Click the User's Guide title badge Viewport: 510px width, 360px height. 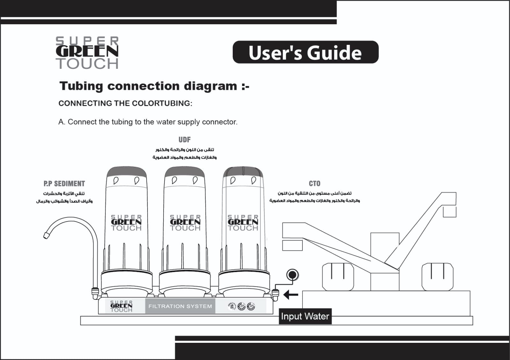pos(305,52)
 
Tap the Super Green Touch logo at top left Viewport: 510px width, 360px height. pos(87,53)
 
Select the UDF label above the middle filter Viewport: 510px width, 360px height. pos(184,140)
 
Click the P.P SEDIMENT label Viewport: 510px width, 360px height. pos(64,184)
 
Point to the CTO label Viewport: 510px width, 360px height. pos(314,184)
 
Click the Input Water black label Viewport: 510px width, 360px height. pos(305,316)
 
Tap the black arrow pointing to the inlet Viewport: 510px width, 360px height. pos(290,295)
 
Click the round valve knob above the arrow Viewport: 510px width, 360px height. pos(292,275)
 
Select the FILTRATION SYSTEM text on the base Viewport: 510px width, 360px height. pos(180,306)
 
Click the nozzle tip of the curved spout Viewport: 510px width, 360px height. pos(47,235)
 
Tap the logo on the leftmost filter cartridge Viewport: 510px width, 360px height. pos(126,223)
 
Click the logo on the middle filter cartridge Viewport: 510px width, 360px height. pos(185,223)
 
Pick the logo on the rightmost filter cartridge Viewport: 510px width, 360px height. pos(243,223)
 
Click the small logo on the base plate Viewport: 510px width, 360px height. pos(121,306)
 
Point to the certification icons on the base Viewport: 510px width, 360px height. pos(242,306)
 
